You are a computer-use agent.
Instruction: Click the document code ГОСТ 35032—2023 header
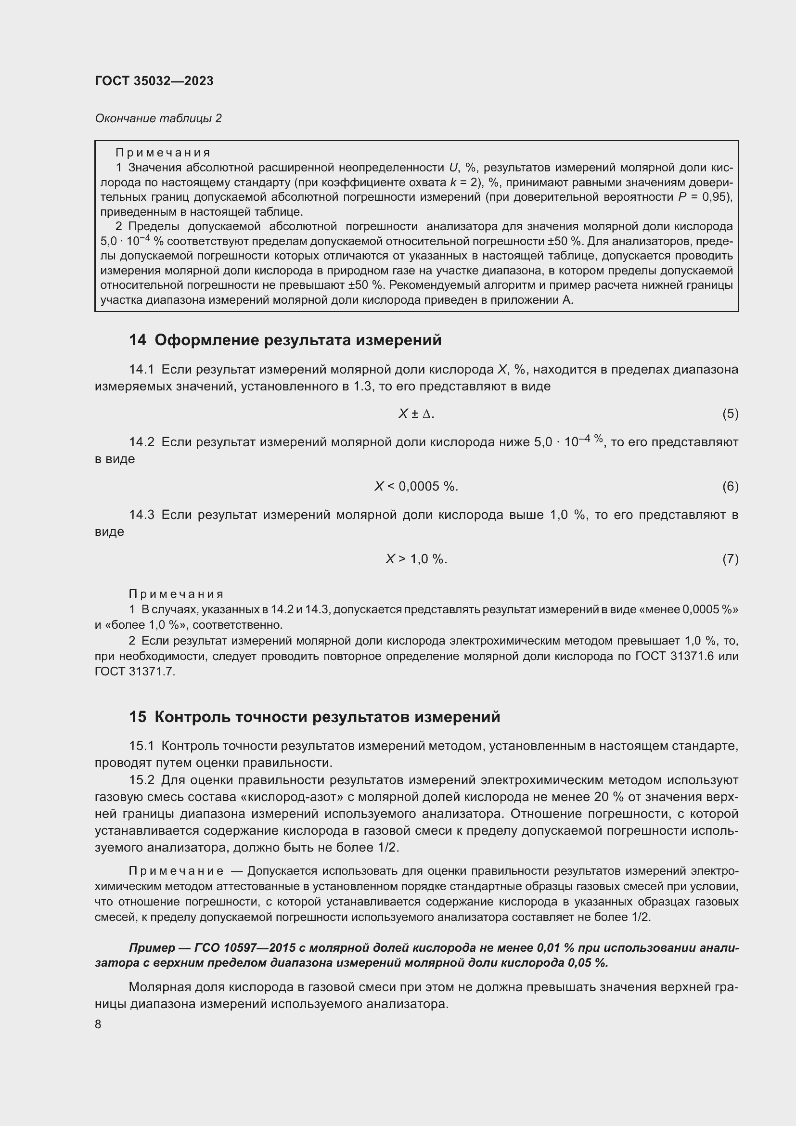pos(154,81)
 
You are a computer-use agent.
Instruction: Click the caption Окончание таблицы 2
pos(158,118)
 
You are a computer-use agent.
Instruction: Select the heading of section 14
pos(285,340)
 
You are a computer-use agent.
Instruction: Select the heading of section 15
pos(314,716)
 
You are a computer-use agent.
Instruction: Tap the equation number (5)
pos(730,414)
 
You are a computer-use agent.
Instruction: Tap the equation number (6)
pos(730,487)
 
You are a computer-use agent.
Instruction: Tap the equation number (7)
pos(730,559)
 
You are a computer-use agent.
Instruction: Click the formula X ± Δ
pos(416,414)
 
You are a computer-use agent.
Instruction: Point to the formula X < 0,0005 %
pos(416,487)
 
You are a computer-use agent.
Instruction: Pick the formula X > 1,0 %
pos(416,559)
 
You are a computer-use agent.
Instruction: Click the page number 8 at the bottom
pos(98,1024)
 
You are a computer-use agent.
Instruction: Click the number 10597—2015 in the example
pos(261,947)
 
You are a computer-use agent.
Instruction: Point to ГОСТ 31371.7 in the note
pos(134,672)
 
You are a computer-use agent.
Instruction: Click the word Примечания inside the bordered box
pos(163,153)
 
